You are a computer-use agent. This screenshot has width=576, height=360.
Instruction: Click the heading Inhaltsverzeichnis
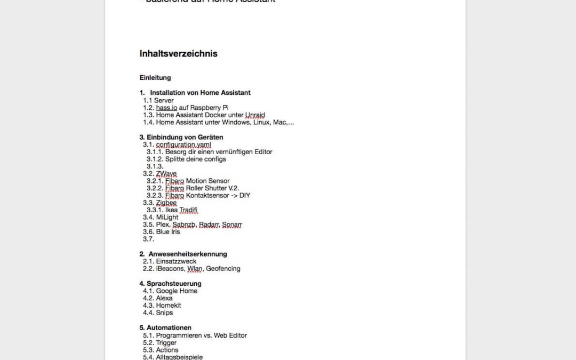click(178, 53)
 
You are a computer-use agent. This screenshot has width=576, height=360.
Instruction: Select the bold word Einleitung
click(155, 77)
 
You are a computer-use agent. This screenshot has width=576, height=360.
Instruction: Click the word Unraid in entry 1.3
click(255, 115)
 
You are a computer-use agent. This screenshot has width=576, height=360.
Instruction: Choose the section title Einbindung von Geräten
click(185, 137)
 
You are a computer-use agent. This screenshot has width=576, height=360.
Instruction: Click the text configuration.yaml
click(183, 145)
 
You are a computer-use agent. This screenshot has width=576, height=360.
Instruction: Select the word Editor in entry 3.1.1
click(261, 152)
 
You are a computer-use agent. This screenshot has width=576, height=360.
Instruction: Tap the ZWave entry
click(166, 174)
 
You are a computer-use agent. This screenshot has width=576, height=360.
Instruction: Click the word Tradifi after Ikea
click(189, 210)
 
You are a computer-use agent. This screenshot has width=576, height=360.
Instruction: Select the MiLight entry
click(167, 217)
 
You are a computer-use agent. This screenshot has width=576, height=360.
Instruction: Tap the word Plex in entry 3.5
click(162, 225)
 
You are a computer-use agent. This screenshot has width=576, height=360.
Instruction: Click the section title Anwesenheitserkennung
click(188, 254)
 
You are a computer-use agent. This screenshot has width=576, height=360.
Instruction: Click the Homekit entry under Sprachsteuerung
click(169, 306)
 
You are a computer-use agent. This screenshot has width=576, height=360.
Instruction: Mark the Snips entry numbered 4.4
click(164, 313)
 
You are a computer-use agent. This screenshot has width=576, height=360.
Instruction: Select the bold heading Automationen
click(169, 327)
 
